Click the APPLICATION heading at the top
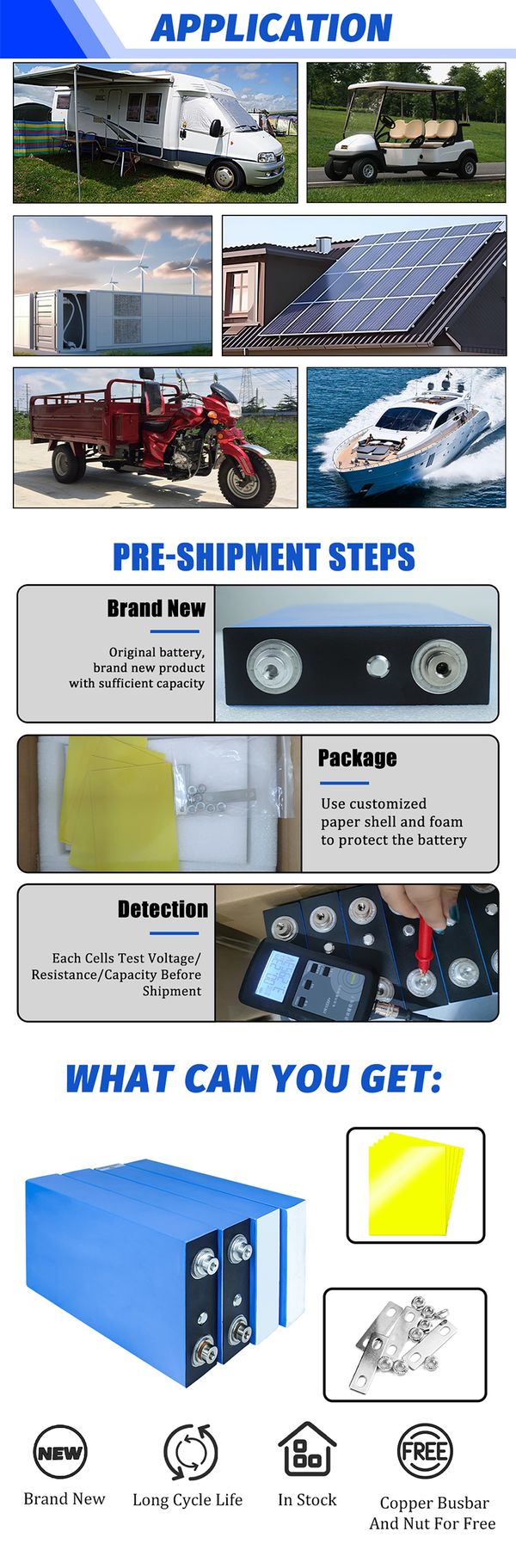pyautogui.click(x=272, y=28)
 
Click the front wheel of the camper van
pyautogui.click(x=226, y=175)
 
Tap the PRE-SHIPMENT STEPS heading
pyautogui.click(x=264, y=557)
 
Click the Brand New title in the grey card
pyautogui.click(x=156, y=608)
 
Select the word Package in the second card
pyautogui.click(x=357, y=758)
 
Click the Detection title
pyautogui.click(x=163, y=909)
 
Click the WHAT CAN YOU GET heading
pyautogui.click(x=255, y=1078)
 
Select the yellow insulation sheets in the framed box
pyautogui.click(x=415, y=1185)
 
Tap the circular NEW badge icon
pyautogui.click(x=59, y=1453)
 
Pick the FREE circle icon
pyautogui.click(x=425, y=1452)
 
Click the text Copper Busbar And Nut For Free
pyautogui.click(x=433, y=1513)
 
